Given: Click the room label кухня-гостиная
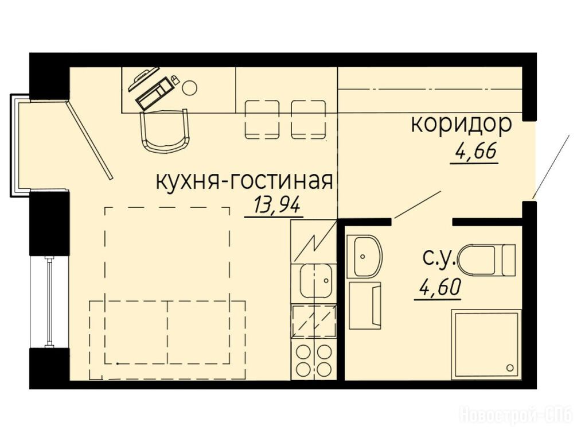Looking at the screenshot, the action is click(x=244, y=182).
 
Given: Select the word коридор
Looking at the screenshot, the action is click(x=461, y=125).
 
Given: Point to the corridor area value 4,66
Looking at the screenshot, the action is click(x=475, y=152).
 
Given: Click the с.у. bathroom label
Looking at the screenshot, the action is click(x=439, y=259).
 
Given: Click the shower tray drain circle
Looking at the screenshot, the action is click(x=510, y=368).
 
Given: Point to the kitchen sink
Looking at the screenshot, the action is click(x=315, y=281).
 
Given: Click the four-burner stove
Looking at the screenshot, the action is click(x=314, y=359).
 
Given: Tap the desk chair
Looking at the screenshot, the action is click(x=165, y=130).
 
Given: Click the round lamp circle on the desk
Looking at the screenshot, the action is click(x=189, y=87).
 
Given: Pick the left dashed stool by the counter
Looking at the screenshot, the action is click(x=262, y=119).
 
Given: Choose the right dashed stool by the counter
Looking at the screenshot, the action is click(x=309, y=119).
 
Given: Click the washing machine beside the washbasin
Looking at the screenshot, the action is click(x=365, y=305).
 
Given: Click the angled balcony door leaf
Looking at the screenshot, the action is click(x=89, y=140).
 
